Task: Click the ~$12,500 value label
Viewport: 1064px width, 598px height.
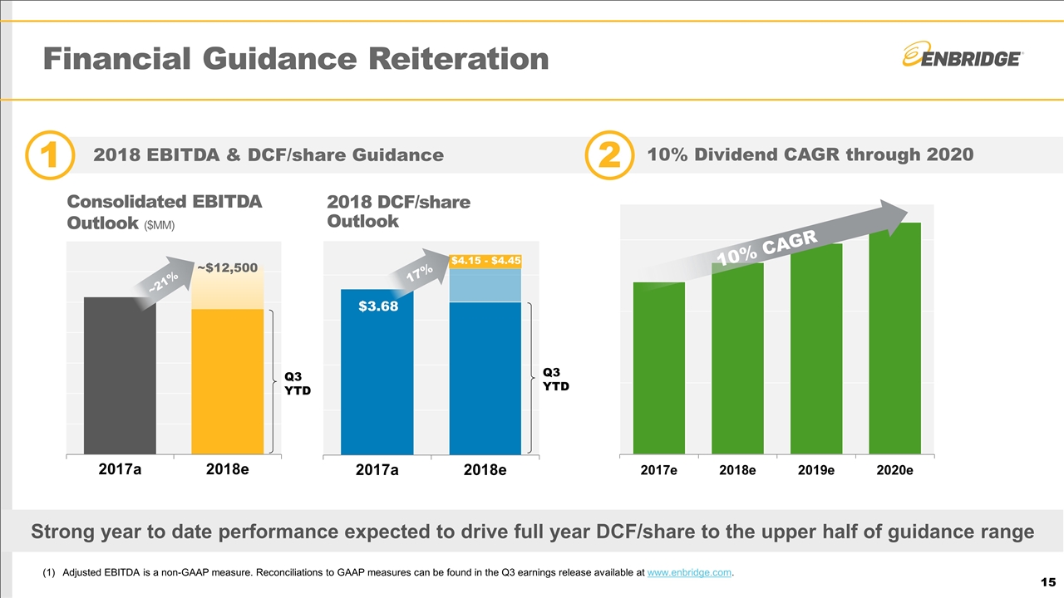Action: coord(228,267)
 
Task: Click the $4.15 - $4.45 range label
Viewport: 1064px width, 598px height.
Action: coord(485,261)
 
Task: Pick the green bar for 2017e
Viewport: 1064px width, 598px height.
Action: coord(659,369)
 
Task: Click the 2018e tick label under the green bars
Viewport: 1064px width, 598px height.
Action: coord(737,470)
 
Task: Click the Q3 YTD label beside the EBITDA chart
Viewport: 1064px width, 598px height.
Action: coord(294,383)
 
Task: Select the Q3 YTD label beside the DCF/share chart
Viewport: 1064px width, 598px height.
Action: coord(556,379)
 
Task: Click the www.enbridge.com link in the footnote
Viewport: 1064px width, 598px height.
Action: coord(689,571)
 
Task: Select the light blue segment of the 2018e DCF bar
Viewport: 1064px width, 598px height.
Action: coord(485,285)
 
